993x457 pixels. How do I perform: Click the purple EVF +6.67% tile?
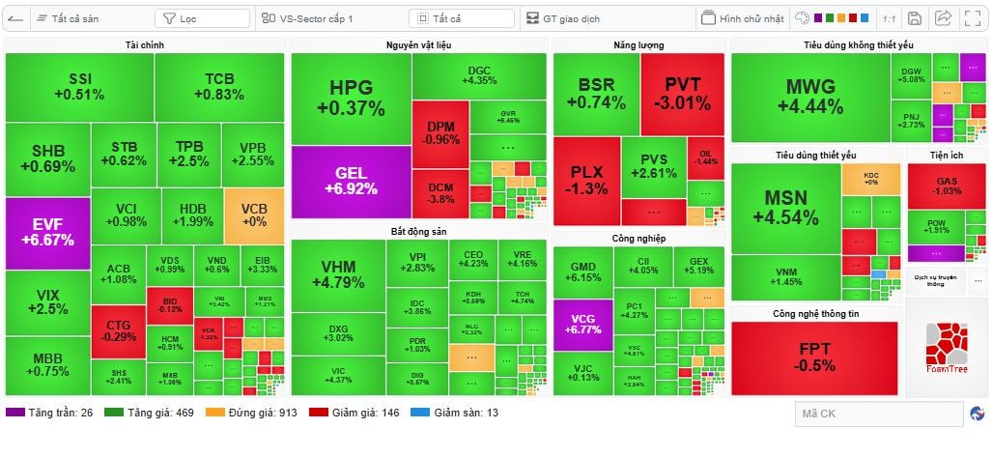[x=47, y=233]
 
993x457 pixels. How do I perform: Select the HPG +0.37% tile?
[x=351, y=98]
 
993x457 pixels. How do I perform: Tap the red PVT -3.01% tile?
[x=682, y=94]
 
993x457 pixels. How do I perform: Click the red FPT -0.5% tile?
[x=814, y=357]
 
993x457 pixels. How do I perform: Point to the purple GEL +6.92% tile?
[x=351, y=181]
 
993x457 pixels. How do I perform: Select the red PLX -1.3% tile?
[x=586, y=181]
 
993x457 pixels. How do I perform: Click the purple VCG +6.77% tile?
[x=582, y=324]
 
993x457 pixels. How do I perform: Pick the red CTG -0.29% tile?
[x=118, y=330]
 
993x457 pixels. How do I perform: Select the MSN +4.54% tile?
[x=785, y=207]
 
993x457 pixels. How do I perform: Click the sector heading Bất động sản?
[x=419, y=232]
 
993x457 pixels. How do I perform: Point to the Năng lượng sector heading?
[x=638, y=45]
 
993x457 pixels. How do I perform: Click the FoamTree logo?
[x=946, y=347]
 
